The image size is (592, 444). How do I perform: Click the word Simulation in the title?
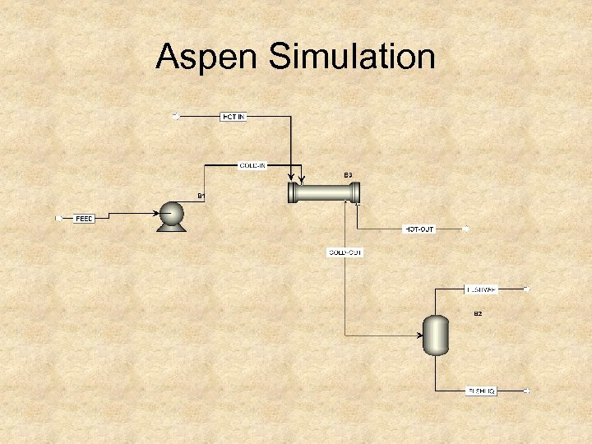346,58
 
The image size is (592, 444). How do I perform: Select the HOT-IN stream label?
234,117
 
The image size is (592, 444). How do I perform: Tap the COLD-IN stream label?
253,165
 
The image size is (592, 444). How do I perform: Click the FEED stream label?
85,219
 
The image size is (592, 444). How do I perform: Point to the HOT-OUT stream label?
419,229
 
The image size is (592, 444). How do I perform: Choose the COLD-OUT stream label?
345,252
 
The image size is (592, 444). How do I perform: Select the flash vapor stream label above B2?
481,289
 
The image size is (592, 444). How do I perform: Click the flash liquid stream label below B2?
481,391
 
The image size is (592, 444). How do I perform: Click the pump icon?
172,215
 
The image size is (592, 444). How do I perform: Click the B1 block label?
201,196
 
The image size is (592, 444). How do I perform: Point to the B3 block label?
348,175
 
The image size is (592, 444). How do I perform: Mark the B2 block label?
477,314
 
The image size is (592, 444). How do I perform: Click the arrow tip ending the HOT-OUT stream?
466,229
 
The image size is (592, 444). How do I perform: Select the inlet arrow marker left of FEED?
58,219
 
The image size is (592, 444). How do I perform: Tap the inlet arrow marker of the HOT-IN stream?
174,117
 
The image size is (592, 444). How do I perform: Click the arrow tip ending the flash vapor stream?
528,289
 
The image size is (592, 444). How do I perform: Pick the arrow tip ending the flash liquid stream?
528,391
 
